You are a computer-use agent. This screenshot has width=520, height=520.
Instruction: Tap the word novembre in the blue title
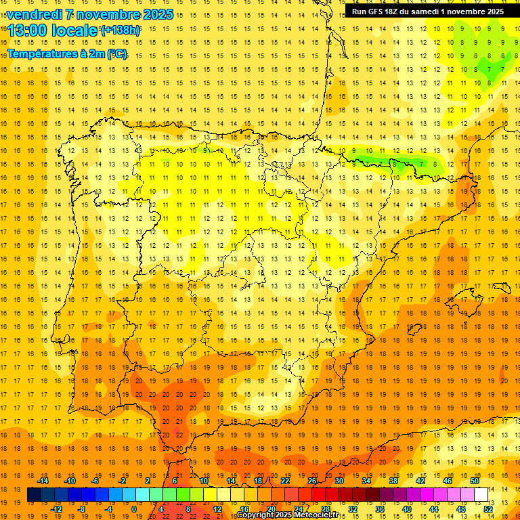click(x=111, y=14)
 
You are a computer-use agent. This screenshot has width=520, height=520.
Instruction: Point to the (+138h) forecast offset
click(x=121, y=30)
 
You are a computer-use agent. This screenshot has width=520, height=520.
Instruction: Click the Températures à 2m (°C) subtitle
click(x=67, y=53)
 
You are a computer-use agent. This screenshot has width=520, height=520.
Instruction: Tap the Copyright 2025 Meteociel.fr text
click(x=287, y=515)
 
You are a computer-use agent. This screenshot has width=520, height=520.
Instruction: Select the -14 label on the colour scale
click(x=43, y=481)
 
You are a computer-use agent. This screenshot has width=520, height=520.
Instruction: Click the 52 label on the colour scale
click(x=487, y=509)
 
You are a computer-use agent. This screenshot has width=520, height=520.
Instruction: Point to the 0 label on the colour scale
click(x=134, y=509)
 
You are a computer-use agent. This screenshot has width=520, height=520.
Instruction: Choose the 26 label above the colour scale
click(x=312, y=481)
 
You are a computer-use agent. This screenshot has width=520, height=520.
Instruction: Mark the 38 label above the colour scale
click(x=393, y=481)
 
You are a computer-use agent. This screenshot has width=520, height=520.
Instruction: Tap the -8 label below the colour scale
click(x=82, y=509)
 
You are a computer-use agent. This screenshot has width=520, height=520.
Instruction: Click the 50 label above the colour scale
click(x=475, y=481)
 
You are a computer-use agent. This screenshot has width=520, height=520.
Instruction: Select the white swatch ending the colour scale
click(x=481, y=495)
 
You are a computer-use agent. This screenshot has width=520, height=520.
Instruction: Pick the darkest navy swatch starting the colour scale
click(x=34, y=495)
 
